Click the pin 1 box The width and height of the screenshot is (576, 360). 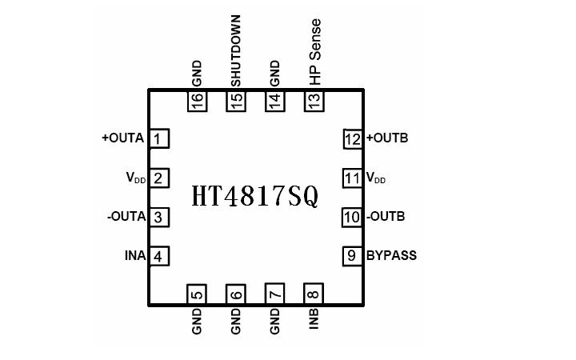point(159,138)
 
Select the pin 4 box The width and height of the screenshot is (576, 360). point(159,256)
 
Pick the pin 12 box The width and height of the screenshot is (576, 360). point(353,138)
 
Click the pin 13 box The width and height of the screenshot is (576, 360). point(314,101)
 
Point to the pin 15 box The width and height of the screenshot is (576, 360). point(236,101)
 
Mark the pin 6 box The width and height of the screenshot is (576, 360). point(236,294)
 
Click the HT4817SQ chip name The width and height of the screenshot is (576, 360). point(255,196)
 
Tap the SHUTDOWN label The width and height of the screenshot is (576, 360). point(235,50)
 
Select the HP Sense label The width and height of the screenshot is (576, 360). point(315,52)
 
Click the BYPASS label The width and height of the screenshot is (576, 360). point(391,256)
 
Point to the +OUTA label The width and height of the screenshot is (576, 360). point(123,138)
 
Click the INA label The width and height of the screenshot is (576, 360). point(135,256)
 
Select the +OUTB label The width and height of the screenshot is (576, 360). point(387,138)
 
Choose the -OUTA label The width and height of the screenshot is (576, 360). point(126,217)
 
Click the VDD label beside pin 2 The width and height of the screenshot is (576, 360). point(135,178)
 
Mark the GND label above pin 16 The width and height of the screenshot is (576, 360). point(197,74)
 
